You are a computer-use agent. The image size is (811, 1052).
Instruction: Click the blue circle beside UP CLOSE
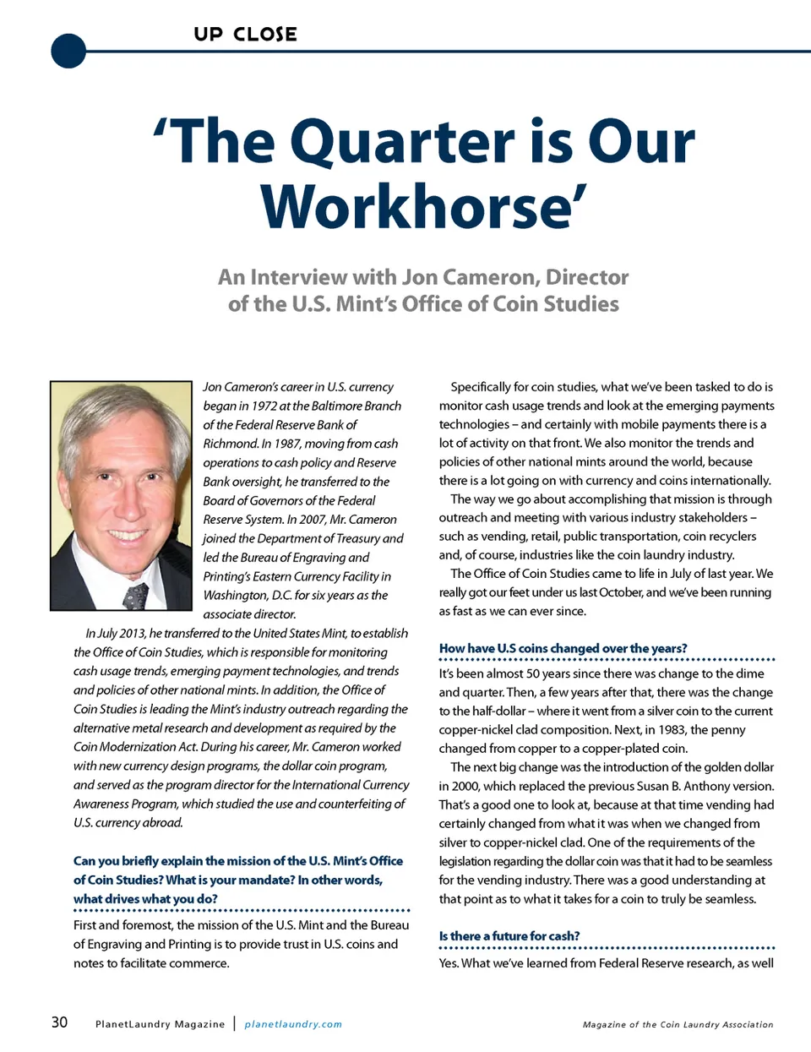tap(68, 51)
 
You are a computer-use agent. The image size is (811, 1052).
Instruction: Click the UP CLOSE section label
tap(245, 35)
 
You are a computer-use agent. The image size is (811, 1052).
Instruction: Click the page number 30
tap(59, 1022)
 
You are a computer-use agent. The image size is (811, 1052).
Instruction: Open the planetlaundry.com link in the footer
tap(293, 1024)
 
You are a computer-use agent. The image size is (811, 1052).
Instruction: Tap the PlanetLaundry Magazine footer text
tap(160, 1024)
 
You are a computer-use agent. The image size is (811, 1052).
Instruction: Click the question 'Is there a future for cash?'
tap(509, 935)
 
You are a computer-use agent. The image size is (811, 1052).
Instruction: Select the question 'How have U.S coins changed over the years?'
tap(563, 648)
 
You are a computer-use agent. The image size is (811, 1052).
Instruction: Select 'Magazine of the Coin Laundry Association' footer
tap(678, 1024)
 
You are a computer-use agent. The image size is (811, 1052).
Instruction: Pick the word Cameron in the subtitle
tap(491, 277)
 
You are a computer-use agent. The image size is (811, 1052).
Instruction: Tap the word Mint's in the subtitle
tap(367, 304)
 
